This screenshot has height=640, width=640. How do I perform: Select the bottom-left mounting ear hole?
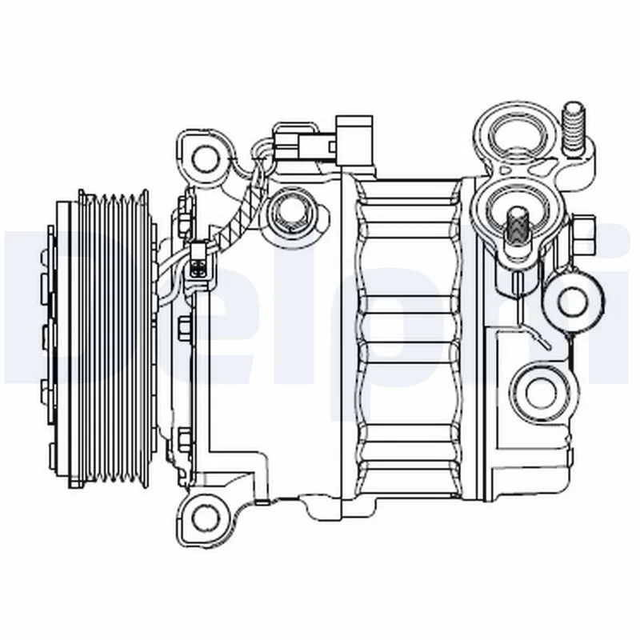(206, 516)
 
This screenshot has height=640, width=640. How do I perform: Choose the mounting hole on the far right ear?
(572, 300)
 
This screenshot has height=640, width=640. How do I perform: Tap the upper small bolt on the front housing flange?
(184, 329)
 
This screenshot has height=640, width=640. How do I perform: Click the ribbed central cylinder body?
(408, 336)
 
